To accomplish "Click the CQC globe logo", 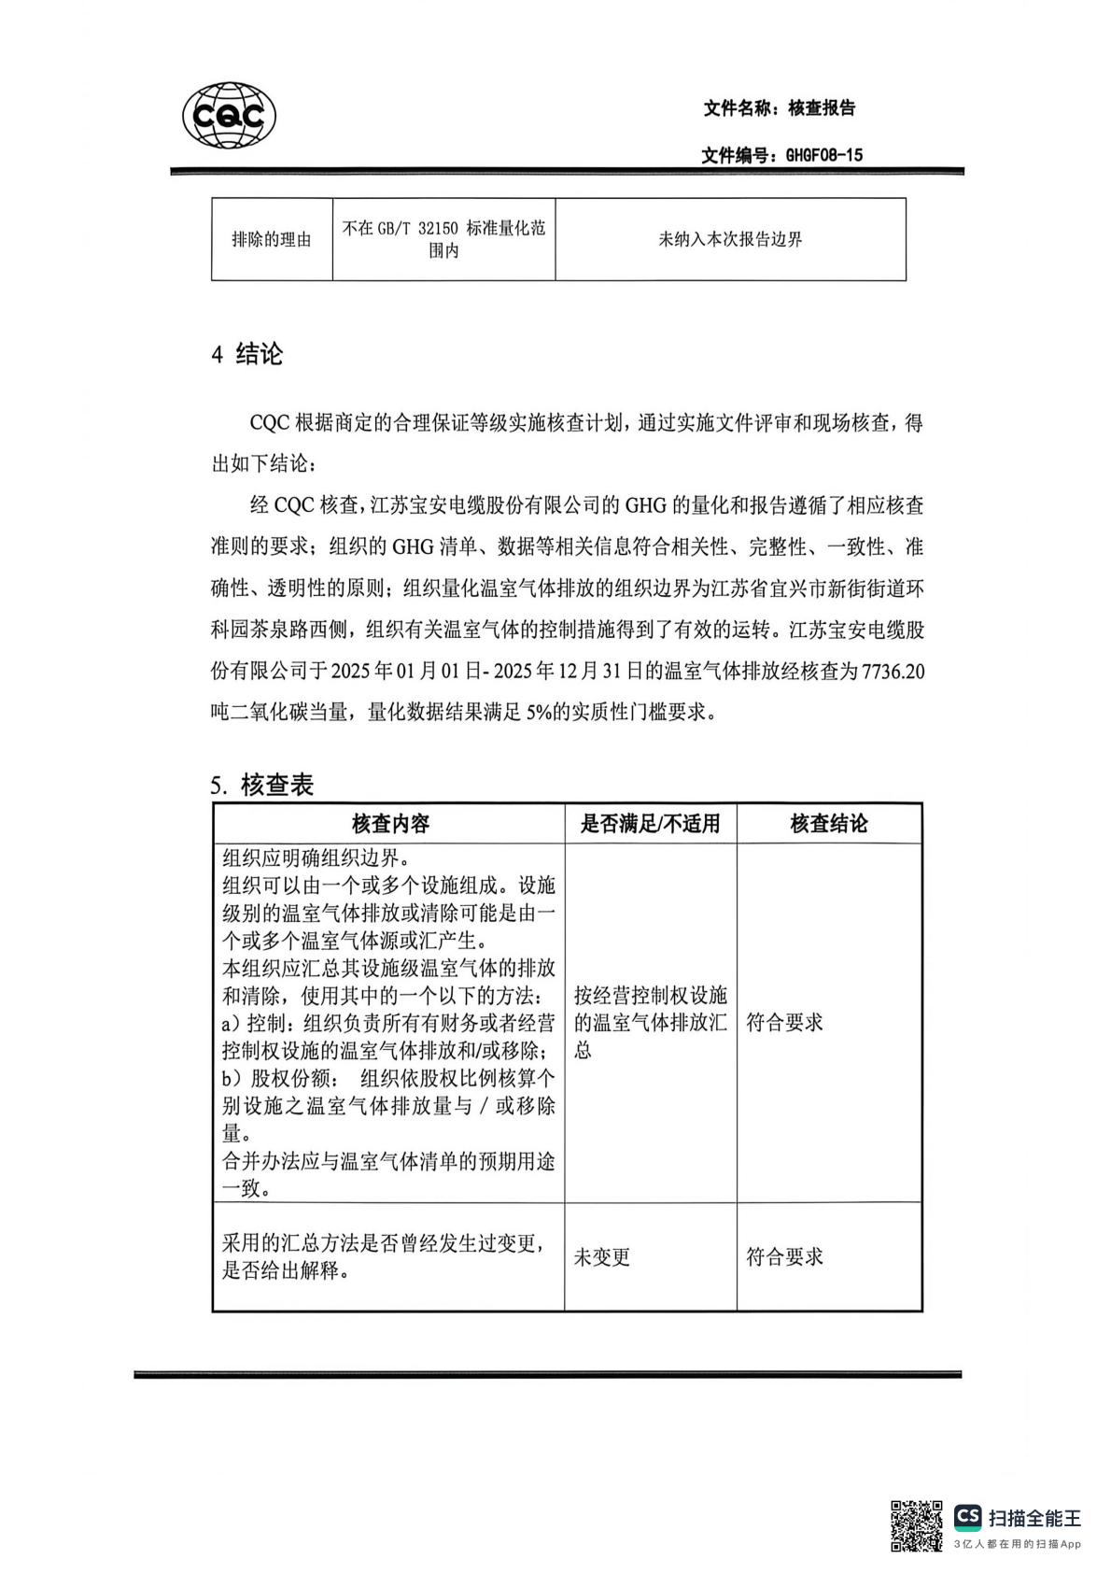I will click(229, 117).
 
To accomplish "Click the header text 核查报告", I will click(822, 108).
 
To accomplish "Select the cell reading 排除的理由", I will click(272, 240).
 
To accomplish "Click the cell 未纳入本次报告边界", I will click(730, 240).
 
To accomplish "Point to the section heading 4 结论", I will click(247, 355).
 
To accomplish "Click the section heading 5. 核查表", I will click(262, 785).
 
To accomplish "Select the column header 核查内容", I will click(390, 824).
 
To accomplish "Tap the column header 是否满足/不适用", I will click(650, 824).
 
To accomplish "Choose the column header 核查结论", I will click(829, 824).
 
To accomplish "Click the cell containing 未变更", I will click(602, 1257).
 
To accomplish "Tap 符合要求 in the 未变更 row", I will click(784, 1257).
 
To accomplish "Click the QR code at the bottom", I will click(916, 1525).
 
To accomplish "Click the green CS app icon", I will click(967, 1518).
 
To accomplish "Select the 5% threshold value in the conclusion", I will click(540, 713).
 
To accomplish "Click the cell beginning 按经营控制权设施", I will click(650, 1022).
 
